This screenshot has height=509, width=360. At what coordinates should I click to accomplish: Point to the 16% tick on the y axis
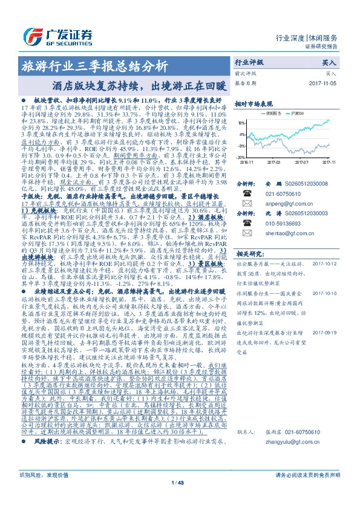[x=241, y=122]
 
